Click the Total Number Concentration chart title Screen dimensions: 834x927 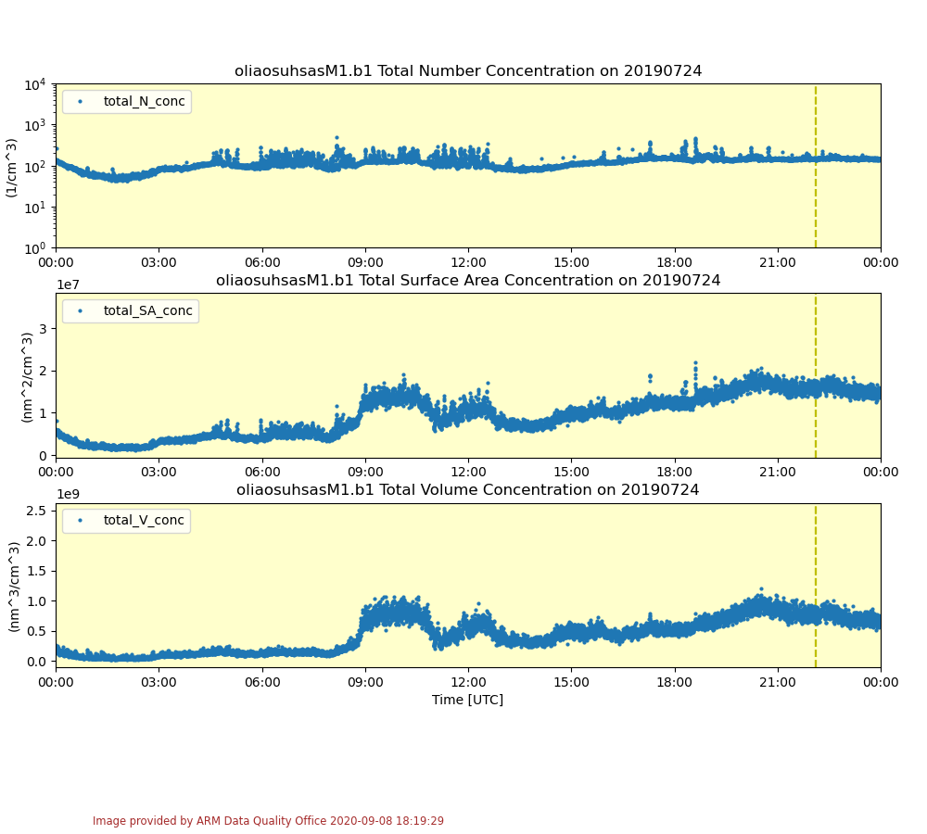467,71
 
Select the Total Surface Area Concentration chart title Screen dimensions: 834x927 467,281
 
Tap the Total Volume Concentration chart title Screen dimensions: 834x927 467,490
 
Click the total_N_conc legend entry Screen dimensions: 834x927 144,101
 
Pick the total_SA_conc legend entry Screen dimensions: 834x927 147,310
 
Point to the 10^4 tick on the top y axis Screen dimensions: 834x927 35,85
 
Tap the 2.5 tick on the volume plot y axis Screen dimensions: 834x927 37,511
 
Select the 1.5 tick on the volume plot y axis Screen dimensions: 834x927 37,571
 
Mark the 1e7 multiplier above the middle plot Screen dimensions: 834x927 68,285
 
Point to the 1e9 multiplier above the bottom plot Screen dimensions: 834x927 68,495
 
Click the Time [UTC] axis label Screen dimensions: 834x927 467,700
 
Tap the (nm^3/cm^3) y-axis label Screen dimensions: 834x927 14,586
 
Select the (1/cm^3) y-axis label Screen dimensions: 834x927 11,167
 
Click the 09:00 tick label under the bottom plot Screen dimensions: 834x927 365,683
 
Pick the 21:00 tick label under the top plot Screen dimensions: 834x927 777,262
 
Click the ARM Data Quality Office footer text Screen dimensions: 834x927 268,821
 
